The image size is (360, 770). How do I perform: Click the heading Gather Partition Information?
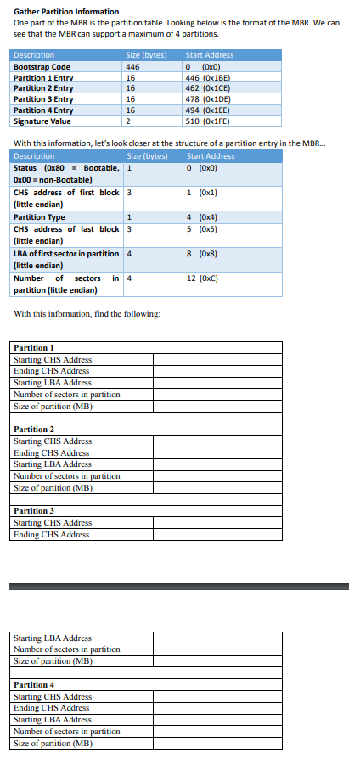point(66,11)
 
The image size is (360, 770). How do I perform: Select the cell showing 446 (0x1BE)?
point(209,77)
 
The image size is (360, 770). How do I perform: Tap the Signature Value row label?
point(42,121)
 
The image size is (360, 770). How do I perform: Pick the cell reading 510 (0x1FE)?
point(209,121)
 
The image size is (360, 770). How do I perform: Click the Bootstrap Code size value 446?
point(132,66)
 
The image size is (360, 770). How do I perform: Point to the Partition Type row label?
point(40,217)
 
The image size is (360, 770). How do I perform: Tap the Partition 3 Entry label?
point(43,99)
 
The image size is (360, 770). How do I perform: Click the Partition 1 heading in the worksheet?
point(34,348)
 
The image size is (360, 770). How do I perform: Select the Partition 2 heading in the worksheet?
point(34,430)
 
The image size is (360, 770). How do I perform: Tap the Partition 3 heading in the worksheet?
point(34,511)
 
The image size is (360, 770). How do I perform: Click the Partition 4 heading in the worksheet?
point(34,685)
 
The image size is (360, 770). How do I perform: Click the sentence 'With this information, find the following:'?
point(87,314)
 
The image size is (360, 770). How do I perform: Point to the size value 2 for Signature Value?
point(127,121)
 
